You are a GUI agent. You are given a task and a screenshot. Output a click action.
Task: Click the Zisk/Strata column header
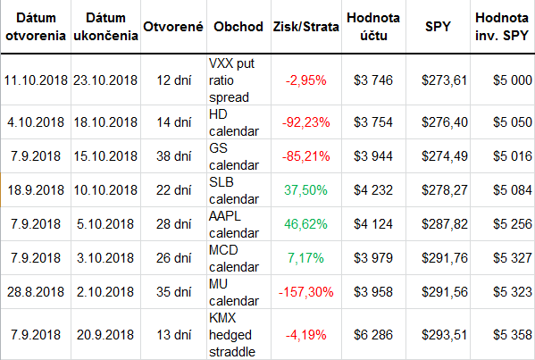[305, 27]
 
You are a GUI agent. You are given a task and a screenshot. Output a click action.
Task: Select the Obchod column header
[238, 27]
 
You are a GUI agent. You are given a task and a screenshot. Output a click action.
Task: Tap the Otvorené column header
[173, 27]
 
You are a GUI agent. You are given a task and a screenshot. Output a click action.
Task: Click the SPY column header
[438, 27]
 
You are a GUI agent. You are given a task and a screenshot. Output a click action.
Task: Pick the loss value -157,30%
[305, 292]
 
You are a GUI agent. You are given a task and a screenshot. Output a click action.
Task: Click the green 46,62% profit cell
[305, 224]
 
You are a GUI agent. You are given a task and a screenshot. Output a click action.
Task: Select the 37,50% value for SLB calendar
[305, 190]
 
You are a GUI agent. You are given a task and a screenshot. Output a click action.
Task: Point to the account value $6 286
[373, 335]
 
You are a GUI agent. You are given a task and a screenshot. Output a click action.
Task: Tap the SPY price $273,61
[444, 80]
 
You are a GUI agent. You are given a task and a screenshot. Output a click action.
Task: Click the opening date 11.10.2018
[36, 80]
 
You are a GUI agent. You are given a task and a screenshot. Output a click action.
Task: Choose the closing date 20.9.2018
[105, 335]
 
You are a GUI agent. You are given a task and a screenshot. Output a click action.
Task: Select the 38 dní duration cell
[173, 156]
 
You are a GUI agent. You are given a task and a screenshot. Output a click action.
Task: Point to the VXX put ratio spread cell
[231, 80]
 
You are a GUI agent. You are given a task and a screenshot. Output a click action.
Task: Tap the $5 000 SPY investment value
[513, 80]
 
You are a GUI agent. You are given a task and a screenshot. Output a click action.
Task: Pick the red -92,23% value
[305, 122]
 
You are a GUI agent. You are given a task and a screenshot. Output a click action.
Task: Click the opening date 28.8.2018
[36, 292]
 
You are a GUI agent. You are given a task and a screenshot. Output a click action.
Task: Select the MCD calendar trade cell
[234, 258]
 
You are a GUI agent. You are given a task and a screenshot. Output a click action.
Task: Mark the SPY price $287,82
[444, 224]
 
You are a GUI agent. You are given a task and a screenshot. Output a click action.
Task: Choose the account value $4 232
[373, 190]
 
